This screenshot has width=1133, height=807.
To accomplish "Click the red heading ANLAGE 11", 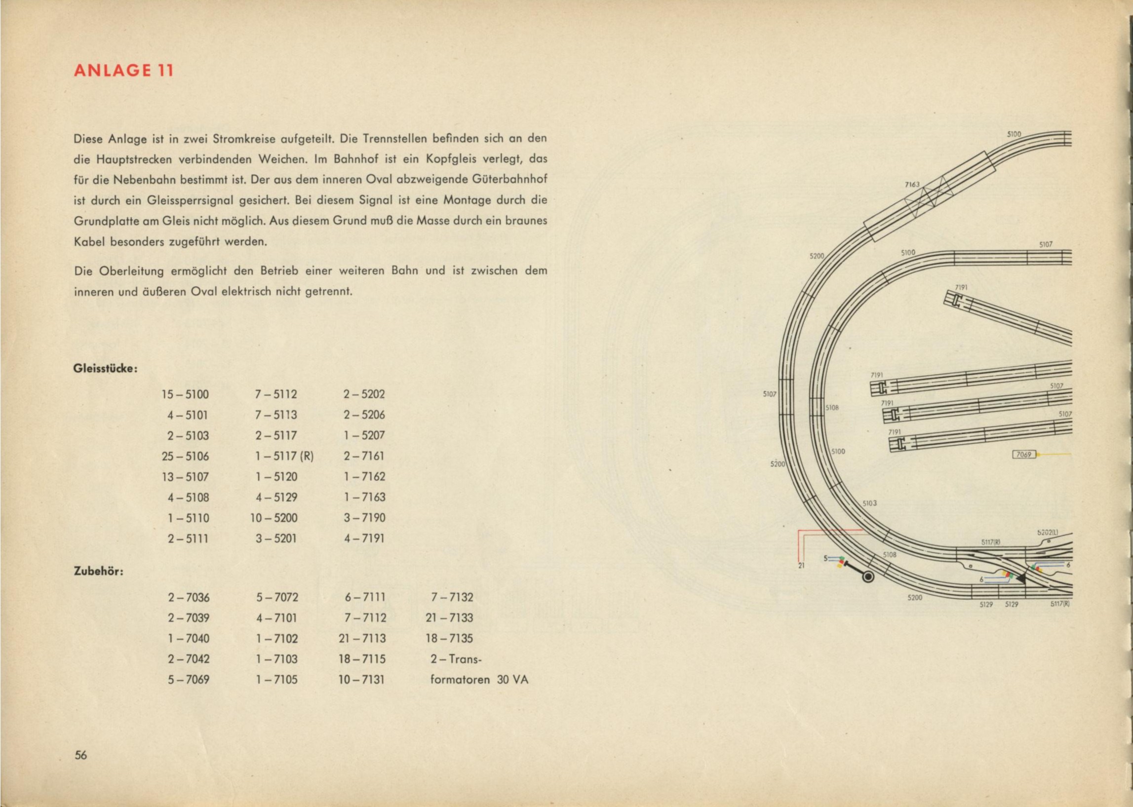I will (123, 71).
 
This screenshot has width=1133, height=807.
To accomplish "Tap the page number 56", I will (80, 769).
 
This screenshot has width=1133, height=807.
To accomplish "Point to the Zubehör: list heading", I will (98, 572).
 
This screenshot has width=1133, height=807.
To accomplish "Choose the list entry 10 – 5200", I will (274, 518).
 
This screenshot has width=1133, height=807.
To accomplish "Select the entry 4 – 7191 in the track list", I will (364, 538).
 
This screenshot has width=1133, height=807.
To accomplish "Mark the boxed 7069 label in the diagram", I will (1024, 454).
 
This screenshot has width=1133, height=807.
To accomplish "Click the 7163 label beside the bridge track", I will (912, 185).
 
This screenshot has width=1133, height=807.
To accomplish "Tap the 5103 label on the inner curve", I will (869, 503).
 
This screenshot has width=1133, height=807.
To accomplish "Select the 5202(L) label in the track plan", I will (1048, 532).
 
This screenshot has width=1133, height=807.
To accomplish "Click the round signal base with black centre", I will (868, 577).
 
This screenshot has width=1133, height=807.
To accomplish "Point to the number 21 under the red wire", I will (801, 565).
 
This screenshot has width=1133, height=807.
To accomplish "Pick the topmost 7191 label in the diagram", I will (962, 287).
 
